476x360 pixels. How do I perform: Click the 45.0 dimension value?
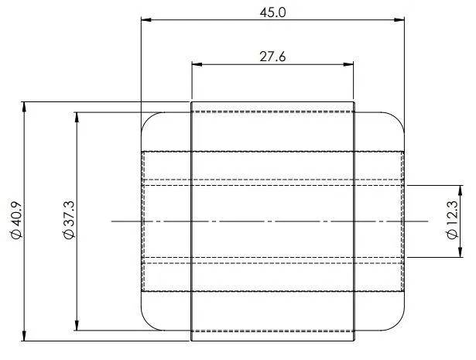click(x=272, y=12)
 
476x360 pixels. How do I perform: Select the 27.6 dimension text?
click(x=272, y=57)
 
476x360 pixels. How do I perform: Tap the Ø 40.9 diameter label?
click(x=16, y=220)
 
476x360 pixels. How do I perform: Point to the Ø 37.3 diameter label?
click(x=69, y=220)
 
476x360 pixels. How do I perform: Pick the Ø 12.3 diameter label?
click(x=452, y=221)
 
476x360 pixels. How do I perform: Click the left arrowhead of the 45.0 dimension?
click(x=146, y=19)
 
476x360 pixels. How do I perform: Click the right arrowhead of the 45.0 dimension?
click(x=399, y=19)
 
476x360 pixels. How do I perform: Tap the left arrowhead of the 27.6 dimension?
click(x=197, y=64)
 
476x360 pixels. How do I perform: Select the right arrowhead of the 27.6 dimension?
click(x=348, y=64)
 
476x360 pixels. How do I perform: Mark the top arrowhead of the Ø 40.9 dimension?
click(x=24, y=107)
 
